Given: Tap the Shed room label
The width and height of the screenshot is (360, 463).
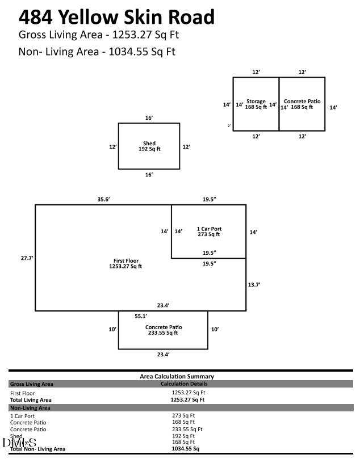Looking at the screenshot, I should [149, 146].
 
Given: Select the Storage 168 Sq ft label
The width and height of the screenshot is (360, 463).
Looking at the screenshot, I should [256, 104].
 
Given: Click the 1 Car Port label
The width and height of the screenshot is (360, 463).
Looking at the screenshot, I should [208, 231].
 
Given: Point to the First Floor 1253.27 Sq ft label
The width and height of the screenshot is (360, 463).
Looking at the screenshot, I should [125, 263].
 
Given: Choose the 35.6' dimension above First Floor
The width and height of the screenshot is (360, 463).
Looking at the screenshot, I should [103, 199].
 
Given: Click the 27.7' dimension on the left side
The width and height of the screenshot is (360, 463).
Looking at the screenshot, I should [27, 258].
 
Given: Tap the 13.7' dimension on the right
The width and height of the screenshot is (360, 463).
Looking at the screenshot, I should [254, 284].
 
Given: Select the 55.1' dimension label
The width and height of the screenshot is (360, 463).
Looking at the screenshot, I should [141, 315].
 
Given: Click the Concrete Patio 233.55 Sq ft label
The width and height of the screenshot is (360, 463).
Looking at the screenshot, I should [163, 330].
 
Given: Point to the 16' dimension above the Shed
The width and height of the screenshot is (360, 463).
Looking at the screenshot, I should [149, 117].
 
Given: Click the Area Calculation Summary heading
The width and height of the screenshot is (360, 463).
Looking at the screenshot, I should [177, 376].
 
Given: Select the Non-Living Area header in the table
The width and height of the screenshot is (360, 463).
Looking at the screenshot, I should [30, 407].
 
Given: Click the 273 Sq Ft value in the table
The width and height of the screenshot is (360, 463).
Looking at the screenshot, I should [183, 415].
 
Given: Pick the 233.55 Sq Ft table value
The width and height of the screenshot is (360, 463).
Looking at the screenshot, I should [187, 429].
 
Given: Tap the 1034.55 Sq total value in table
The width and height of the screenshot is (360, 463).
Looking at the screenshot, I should [185, 448].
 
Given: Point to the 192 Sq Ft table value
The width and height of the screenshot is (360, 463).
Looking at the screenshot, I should [183, 436].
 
